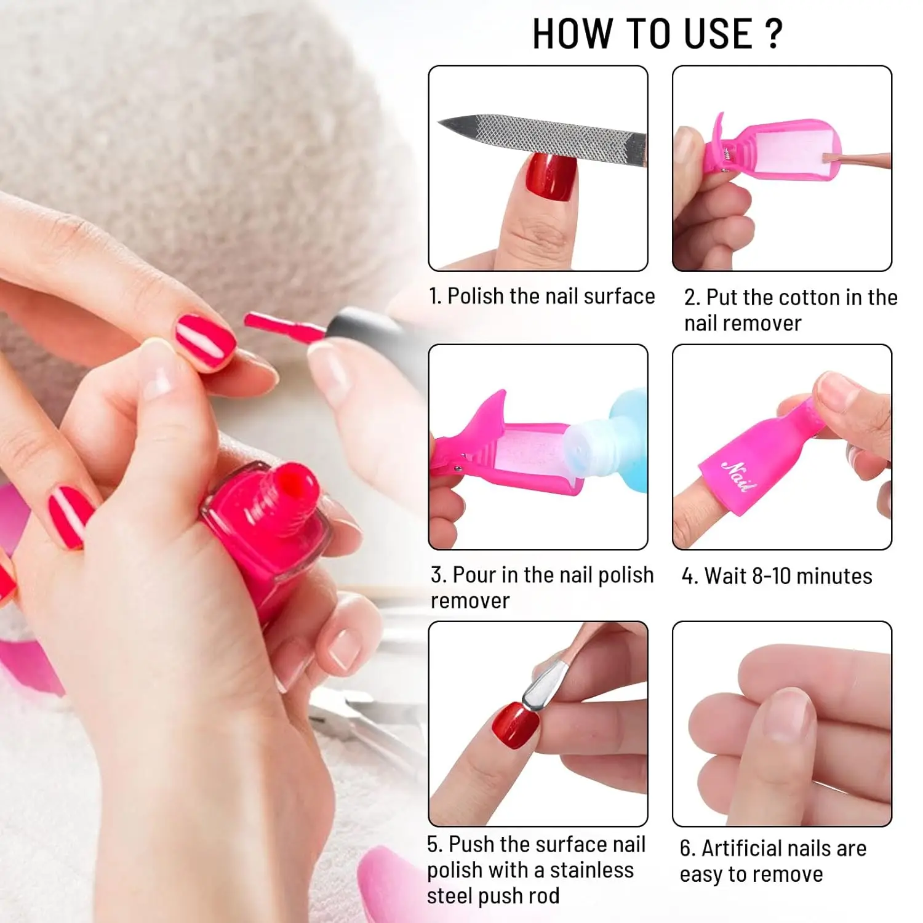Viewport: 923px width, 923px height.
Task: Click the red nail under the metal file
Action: click(552, 177)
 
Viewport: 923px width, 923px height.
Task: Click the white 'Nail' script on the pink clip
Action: click(739, 476)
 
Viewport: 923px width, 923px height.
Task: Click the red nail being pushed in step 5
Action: click(514, 725)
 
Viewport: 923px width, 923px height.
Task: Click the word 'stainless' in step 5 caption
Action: click(591, 870)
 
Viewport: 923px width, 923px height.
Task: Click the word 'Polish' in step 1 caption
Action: click(475, 297)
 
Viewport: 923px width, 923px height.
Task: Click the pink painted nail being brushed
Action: click(205, 341)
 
